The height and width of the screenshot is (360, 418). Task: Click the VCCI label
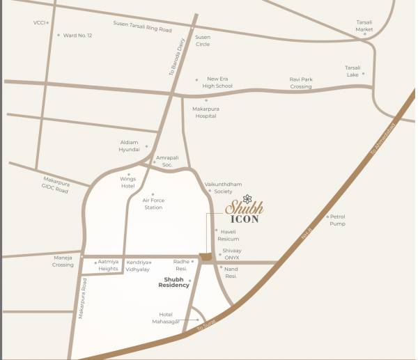coord(39,23)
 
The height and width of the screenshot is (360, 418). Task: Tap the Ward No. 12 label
coord(77,35)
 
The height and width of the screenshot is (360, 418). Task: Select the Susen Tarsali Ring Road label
coord(142,26)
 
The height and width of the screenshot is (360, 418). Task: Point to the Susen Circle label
coord(203,40)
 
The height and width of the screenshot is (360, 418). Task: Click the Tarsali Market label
coord(364,26)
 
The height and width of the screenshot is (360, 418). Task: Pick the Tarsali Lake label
coord(353,70)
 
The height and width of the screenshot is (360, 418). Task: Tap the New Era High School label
coord(217,82)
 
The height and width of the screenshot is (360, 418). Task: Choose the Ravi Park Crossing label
coord(301,83)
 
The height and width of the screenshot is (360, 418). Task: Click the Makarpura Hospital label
coord(206,112)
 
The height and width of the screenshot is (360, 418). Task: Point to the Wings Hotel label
coord(127,182)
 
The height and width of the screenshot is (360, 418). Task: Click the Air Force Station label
coord(153,203)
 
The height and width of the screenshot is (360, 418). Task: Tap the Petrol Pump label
coord(337,220)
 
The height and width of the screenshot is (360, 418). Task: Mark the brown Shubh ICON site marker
coord(206,258)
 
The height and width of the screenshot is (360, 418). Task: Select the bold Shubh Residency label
coord(173,283)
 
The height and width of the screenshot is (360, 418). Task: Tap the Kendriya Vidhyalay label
coord(138,265)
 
